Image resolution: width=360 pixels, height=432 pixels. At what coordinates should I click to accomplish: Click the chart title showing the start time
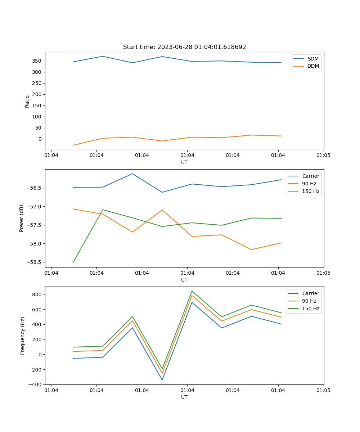click(x=184, y=47)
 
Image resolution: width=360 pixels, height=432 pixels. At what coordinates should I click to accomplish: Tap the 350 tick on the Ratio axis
click(x=37, y=61)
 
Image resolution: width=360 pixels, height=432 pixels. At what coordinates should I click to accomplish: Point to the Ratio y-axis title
click(x=27, y=101)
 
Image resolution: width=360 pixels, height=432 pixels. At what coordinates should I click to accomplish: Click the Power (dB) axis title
click(x=22, y=218)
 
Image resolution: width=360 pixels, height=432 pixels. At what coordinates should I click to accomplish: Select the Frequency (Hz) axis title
click(x=23, y=336)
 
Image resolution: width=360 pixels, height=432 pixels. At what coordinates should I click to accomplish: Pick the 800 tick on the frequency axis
click(x=37, y=294)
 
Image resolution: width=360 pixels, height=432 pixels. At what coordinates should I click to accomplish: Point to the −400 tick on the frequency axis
click(x=35, y=384)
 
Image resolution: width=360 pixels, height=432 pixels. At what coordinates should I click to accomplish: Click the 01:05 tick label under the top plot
click(x=323, y=156)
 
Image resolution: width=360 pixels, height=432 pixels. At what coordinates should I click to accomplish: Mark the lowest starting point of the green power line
click(x=73, y=262)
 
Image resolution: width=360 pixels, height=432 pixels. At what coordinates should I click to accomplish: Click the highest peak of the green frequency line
click(x=192, y=291)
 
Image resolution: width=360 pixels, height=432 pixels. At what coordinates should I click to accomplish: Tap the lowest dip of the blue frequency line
click(x=162, y=380)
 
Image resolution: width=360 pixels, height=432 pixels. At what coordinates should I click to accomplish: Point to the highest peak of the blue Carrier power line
click(x=132, y=174)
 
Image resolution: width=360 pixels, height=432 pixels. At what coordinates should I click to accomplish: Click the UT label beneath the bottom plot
click(x=184, y=397)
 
